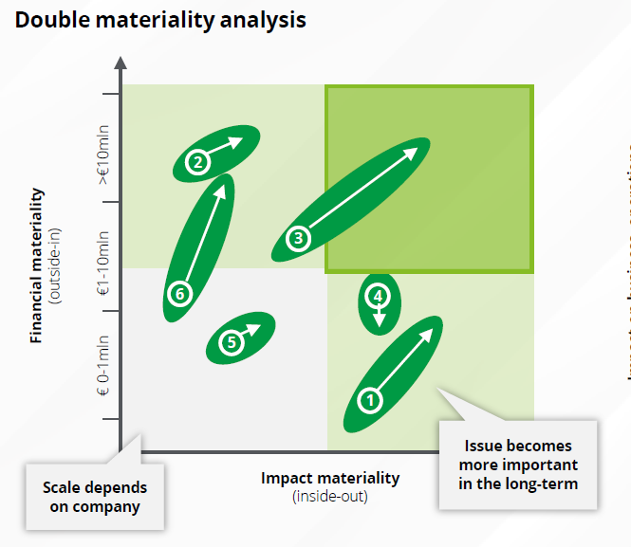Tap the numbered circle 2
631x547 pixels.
click(x=197, y=162)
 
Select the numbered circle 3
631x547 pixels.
click(x=298, y=239)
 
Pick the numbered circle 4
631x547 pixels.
click(x=379, y=295)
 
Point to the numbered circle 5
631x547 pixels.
click(x=232, y=343)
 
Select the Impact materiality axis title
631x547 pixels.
click(x=330, y=478)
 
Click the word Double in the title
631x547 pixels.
click(x=52, y=19)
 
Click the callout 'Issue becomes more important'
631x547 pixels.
click(x=518, y=464)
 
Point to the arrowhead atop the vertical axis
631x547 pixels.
click(x=121, y=64)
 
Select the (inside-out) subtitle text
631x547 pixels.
click(x=330, y=496)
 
